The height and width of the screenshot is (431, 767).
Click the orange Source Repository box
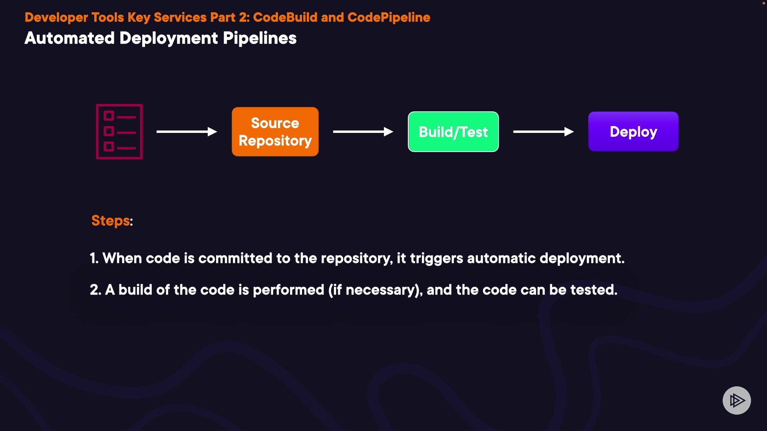click(275, 132)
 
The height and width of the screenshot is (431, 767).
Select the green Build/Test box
click(453, 132)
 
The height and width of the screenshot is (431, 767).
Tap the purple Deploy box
click(633, 132)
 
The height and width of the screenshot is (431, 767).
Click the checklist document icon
click(119, 132)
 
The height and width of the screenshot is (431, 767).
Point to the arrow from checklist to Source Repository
click(187, 132)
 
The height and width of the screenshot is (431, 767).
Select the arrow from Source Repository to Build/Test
click(363, 132)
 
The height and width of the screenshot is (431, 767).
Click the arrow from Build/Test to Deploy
click(543, 132)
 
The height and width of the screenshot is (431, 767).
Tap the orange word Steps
click(111, 221)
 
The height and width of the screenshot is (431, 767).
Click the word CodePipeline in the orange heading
click(389, 17)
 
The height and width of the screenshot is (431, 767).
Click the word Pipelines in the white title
click(260, 38)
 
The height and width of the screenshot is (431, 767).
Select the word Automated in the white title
click(70, 38)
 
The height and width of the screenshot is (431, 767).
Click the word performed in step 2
click(288, 290)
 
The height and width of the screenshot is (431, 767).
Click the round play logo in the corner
click(737, 400)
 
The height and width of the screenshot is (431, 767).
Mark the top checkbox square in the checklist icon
click(109, 116)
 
